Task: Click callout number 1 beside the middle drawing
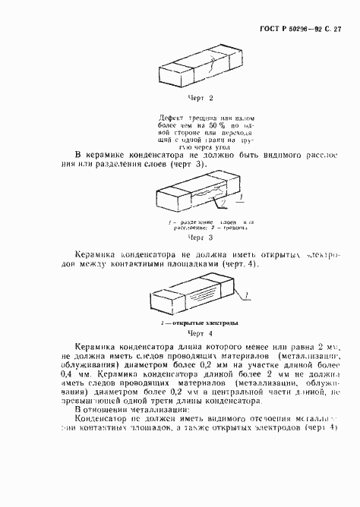coord(242,195)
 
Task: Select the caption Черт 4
coord(200,335)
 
